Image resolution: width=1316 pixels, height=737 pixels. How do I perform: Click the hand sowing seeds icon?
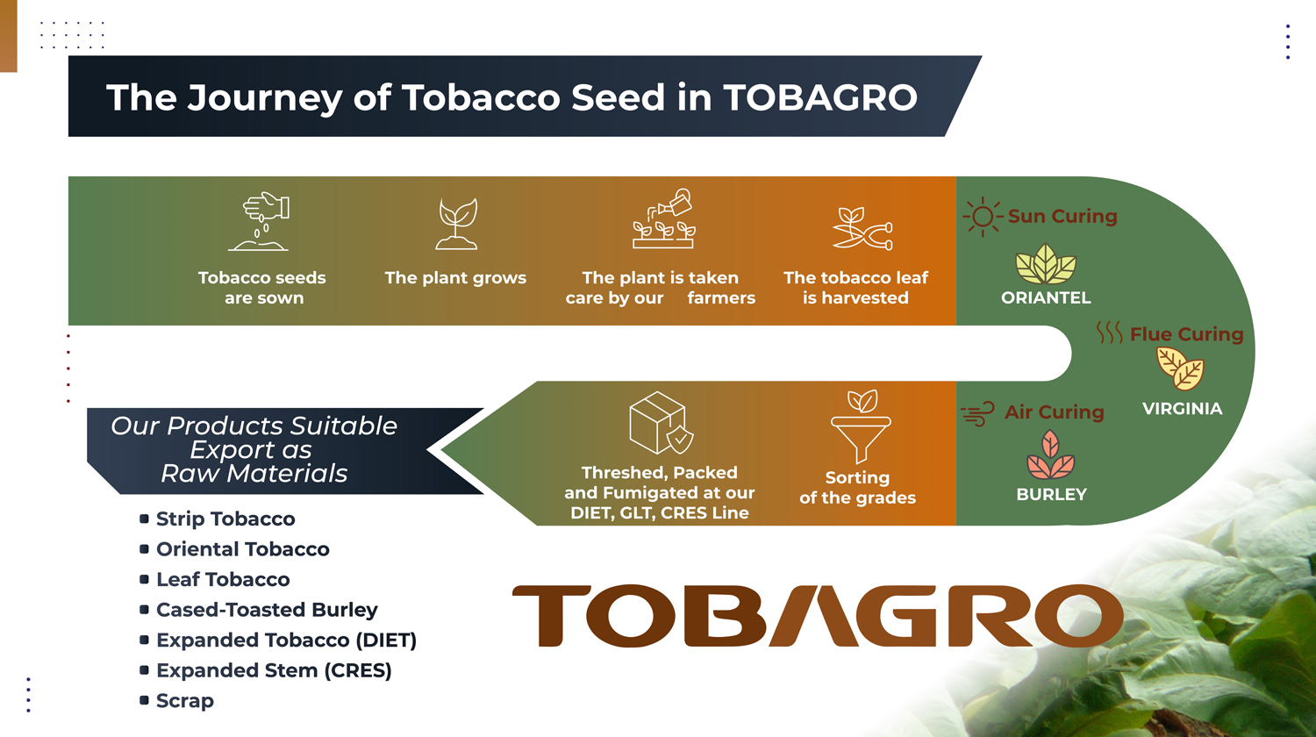(259, 221)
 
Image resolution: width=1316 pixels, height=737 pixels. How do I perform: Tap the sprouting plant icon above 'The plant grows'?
(456, 224)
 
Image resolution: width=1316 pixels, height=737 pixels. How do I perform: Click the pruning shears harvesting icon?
(862, 228)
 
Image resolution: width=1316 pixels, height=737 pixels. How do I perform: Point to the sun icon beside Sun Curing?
(983, 217)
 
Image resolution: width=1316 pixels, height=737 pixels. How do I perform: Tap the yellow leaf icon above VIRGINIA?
(1180, 368)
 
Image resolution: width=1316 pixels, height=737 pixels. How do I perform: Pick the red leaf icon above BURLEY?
(1050, 454)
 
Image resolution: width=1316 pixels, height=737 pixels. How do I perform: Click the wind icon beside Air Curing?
(978, 414)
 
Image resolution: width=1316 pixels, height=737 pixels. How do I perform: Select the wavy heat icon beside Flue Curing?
(1109, 333)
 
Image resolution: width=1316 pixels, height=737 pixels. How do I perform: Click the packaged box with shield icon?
(661, 423)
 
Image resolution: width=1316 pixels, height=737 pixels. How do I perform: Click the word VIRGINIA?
(1182, 409)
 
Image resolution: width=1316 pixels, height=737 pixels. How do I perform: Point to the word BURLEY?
(1052, 494)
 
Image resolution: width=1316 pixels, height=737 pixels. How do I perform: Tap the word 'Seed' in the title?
(618, 97)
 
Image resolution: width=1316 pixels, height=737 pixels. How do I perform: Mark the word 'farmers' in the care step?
(721, 298)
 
